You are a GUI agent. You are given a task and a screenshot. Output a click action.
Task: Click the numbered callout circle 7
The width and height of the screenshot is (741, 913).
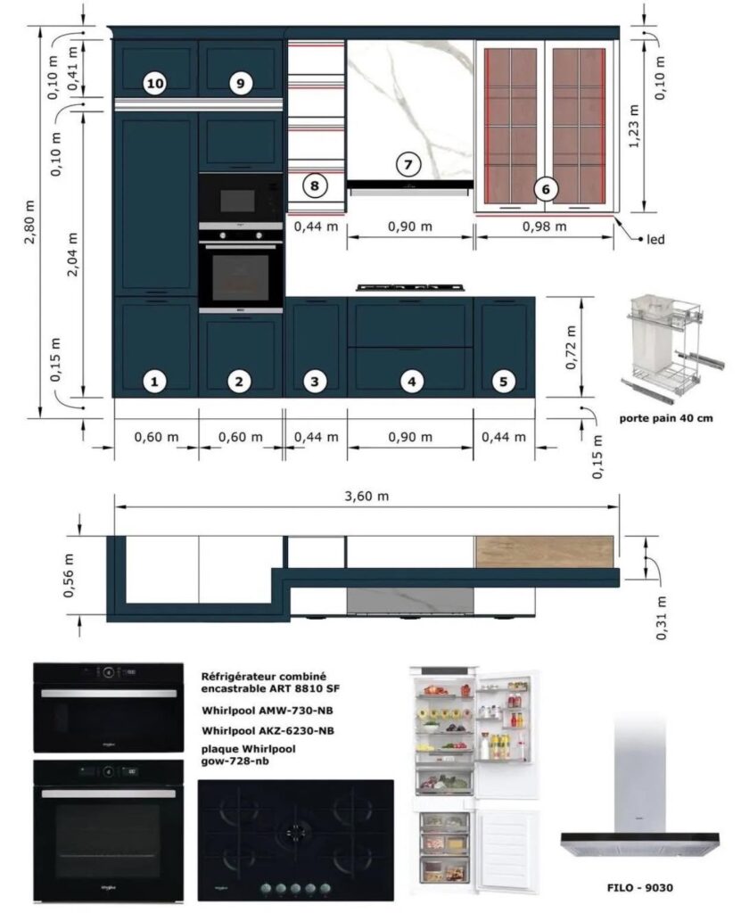click(408, 164)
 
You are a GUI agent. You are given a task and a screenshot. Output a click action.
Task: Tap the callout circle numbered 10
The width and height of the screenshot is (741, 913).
click(155, 84)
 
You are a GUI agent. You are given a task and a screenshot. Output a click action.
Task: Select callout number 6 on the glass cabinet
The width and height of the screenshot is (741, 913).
click(546, 189)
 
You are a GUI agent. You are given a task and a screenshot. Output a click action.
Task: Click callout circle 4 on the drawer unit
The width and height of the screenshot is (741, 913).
click(412, 382)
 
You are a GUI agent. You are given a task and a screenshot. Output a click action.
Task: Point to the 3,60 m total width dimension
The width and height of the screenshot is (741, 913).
click(366, 497)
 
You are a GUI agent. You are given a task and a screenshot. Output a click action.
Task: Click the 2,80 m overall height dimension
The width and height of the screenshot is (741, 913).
click(30, 222)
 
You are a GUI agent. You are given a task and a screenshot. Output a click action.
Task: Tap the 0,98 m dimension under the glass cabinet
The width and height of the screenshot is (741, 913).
click(544, 226)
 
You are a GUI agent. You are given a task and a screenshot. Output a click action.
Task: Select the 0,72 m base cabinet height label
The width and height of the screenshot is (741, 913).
click(571, 347)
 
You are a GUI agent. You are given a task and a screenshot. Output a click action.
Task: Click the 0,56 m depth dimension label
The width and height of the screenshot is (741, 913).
click(69, 575)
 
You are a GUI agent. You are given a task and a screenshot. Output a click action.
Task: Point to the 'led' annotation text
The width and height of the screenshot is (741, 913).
click(655, 239)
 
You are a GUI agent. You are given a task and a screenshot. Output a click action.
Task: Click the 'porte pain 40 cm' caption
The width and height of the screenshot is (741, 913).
click(666, 418)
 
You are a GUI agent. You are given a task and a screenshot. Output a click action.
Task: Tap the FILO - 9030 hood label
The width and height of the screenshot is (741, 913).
click(639, 887)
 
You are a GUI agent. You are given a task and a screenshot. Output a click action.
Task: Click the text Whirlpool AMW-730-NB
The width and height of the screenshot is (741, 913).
click(268, 711)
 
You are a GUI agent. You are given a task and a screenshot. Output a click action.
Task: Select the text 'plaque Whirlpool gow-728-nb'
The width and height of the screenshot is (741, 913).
click(248, 754)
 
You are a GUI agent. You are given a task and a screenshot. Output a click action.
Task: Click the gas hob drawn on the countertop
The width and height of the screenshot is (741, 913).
click(412, 287)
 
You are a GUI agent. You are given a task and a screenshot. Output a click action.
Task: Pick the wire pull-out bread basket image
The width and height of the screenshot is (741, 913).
click(673, 349)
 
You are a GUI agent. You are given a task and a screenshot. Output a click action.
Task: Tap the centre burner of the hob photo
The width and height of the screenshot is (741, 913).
click(296, 829)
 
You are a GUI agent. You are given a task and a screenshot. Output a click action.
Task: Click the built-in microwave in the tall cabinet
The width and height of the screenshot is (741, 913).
click(241, 201)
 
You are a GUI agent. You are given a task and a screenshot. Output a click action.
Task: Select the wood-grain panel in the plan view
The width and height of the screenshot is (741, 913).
click(544, 551)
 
